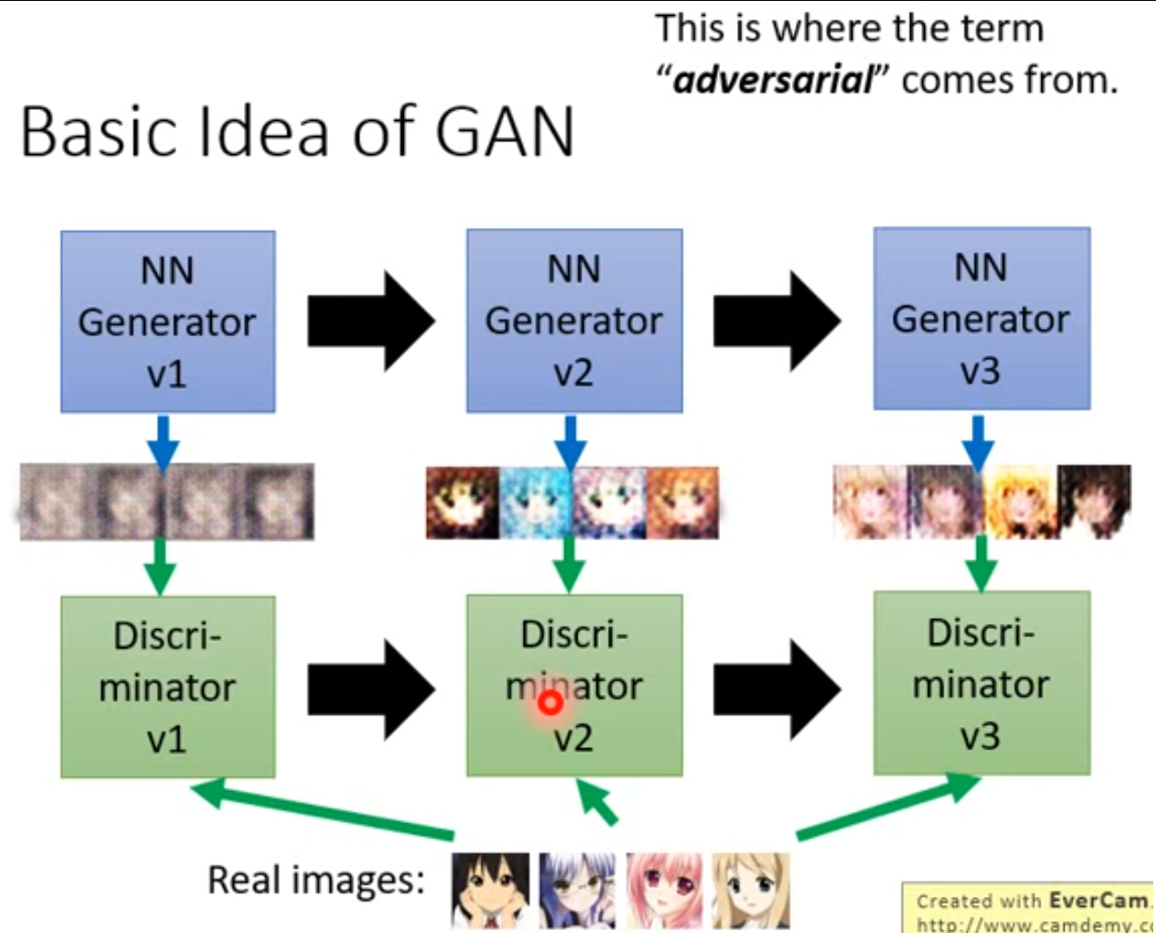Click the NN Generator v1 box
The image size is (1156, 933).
pos(167,321)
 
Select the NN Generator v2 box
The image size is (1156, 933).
pos(574,320)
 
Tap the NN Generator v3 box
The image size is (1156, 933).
pos(981,318)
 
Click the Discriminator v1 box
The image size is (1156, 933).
pos(167,686)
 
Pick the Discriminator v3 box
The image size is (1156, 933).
pos(981,683)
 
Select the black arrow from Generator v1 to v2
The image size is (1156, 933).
pos(370,321)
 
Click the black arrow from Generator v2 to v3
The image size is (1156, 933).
pos(776,320)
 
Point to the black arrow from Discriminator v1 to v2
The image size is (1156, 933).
pos(370,686)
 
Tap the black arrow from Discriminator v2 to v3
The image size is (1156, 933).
pos(776,685)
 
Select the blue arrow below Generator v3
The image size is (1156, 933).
pos(978,440)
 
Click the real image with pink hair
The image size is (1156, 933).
pos(663,891)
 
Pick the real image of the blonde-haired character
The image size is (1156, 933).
pos(750,891)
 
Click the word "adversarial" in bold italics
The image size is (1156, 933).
pos(773,80)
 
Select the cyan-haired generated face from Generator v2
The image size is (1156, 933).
pos(536,503)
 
